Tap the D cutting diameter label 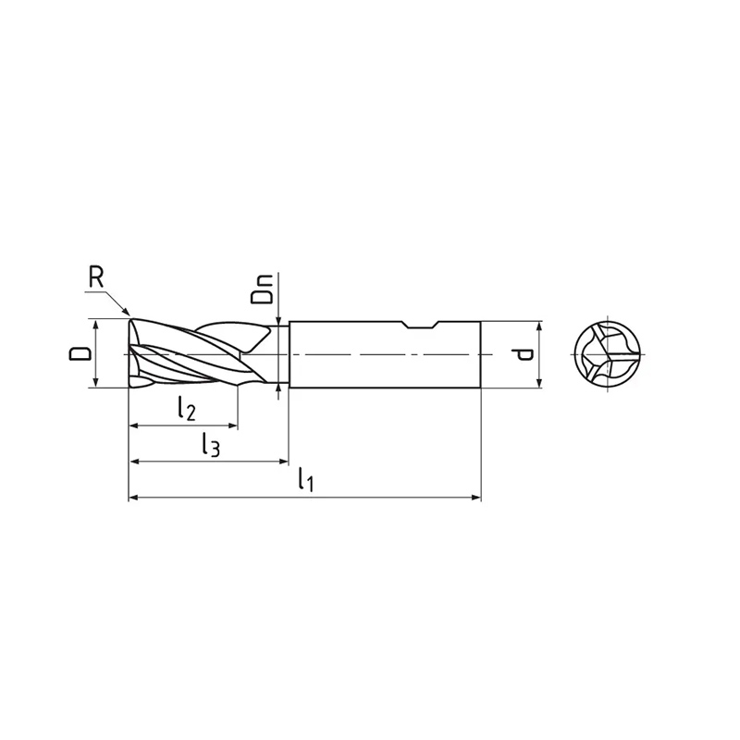pyautogui.click(x=80, y=353)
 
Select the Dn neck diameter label pyautogui.click(x=262, y=290)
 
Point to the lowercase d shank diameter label pyautogui.click(x=523, y=354)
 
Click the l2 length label pyautogui.click(x=187, y=408)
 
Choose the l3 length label pyautogui.click(x=210, y=445)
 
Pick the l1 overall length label pyautogui.click(x=305, y=480)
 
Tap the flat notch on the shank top pyautogui.click(x=421, y=326)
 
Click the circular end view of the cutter pyautogui.click(x=608, y=354)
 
